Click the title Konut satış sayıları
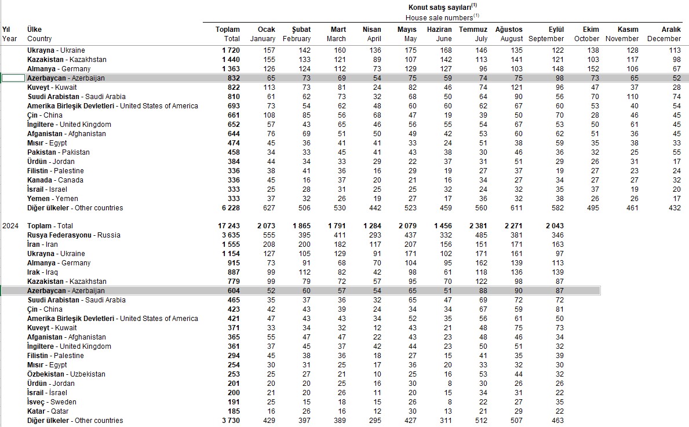click(x=443, y=8)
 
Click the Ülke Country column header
click(x=39, y=34)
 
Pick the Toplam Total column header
click(x=228, y=34)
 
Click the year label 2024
click(x=10, y=226)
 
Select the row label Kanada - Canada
click(x=56, y=180)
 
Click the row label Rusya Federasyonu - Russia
click(x=74, y=235)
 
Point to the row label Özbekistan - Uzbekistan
click(x=66, y=374)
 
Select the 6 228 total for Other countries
click(x=229, y=208)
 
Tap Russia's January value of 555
click(x=268, y=235)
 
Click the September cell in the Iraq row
click(x=557, y=272)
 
